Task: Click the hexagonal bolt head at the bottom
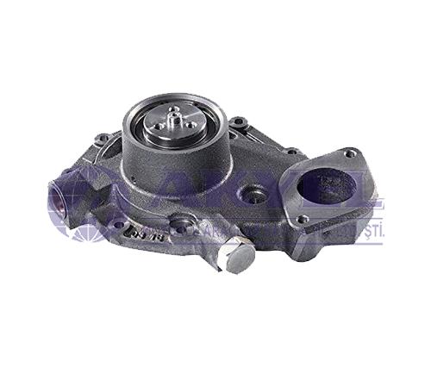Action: pos(236,256)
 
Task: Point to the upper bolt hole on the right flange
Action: pos(348,154)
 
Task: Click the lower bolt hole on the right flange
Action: pos(302,219)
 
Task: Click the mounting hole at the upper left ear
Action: pos(103,138)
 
